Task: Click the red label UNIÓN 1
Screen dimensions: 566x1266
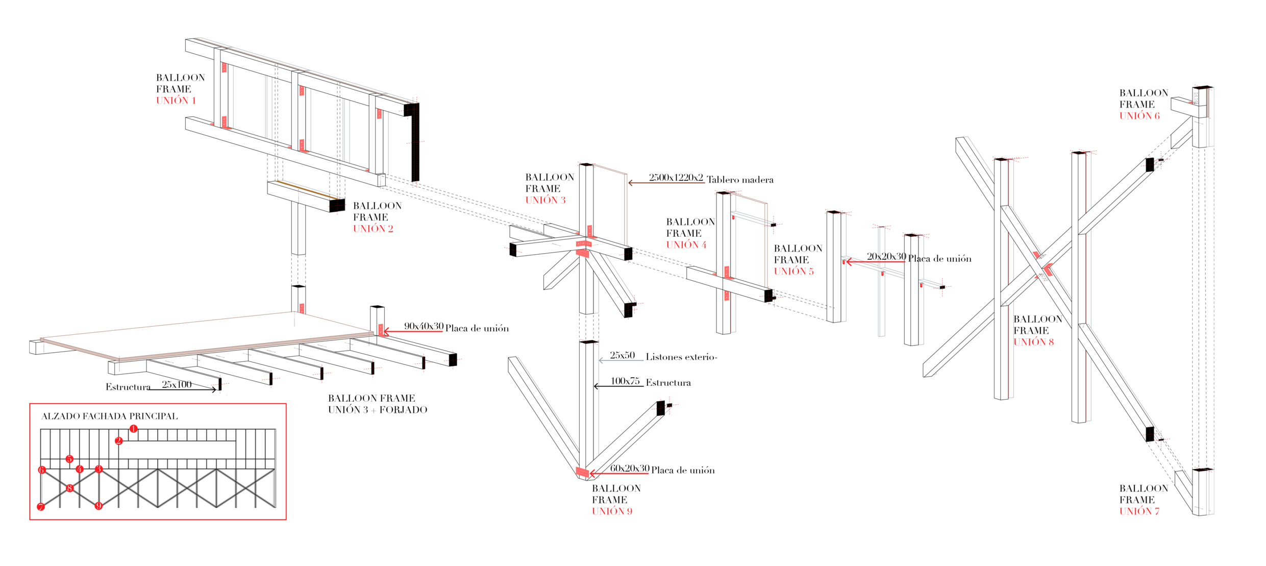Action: click(x=176, y=101)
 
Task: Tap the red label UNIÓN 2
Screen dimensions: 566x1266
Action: click(x=373, y=229)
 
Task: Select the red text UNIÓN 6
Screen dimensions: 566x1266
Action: click(x=1139, y=116)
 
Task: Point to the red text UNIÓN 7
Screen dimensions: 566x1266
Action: click(x=1139, y=511)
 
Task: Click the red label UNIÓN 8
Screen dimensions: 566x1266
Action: click(x=1033, y=342)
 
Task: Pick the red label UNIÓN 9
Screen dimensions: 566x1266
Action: click(x=612, y=511)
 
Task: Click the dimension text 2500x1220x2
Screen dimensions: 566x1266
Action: click(x=676, y=178)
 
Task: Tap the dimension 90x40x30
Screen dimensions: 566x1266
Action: click(x=424, y=326)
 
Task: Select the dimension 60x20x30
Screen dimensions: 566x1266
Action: click(x=630, y=468)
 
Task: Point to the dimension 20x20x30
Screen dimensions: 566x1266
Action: click(x=886, y=257)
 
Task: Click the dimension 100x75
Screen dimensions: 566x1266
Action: click(x=625, y=381)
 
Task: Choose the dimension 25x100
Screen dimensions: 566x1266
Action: click(x=177, y=384)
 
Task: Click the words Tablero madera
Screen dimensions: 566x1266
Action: click(x=740, y=180)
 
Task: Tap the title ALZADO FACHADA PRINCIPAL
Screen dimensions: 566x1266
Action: click(x=110, y=416)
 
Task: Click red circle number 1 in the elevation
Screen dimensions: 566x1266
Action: click(x=133, y=429)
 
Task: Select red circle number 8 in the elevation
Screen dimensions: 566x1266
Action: click(x=69, y=488)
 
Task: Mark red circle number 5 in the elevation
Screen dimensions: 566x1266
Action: click(x=69, y=459)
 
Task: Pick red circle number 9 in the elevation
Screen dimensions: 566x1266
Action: click(x=98, y=506)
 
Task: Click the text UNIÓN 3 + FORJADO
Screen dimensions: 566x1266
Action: click(x=378, y=409)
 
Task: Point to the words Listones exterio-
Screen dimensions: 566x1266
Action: click(x=681, y=357)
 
